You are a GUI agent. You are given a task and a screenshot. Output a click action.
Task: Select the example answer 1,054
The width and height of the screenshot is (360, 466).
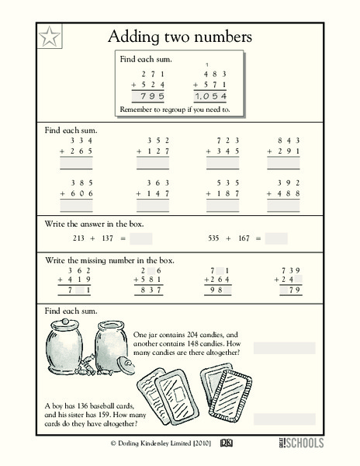[209, 96]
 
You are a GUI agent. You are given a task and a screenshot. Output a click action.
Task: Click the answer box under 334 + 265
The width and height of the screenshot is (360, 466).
[76, 164]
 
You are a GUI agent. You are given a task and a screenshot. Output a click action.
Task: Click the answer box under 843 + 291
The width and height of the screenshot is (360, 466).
[282, 164]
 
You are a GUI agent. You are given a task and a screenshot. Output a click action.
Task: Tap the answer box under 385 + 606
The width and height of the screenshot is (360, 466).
[76, 207]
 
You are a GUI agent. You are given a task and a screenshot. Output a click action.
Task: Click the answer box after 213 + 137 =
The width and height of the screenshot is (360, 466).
[141, 238]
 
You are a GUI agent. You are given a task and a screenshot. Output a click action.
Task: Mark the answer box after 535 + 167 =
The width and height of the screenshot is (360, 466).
[276, 238]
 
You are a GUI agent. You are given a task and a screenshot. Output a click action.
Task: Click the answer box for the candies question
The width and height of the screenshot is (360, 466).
[283, 347]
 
